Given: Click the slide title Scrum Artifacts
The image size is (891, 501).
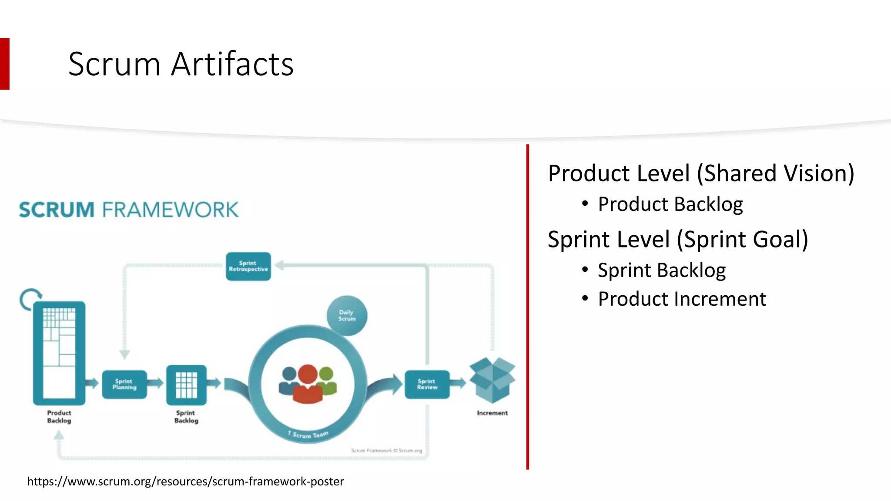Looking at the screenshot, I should point(181,64).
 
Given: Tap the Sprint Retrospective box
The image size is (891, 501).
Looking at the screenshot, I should point(248,266).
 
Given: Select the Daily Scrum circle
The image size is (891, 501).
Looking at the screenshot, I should point(347,315).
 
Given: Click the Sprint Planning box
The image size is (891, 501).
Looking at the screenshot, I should point(124,384).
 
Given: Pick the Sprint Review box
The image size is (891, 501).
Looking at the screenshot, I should point(427,384).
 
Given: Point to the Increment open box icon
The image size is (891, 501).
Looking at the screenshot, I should point(492,380).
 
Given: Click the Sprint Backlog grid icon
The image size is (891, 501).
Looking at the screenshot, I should point(186,385).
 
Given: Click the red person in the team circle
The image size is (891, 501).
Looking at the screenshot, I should point(308,385).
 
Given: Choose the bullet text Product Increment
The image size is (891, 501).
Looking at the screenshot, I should point(682,299).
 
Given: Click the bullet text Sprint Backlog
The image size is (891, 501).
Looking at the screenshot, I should point(661,271).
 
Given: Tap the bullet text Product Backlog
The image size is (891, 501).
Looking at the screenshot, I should point(670,204).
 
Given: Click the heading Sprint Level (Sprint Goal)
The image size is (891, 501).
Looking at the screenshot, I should point(677,240).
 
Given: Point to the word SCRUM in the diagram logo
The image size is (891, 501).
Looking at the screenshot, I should point(57,210).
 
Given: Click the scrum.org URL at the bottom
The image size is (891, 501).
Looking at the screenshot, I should point(185,481).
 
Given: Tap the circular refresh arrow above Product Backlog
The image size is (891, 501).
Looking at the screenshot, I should point(30,299).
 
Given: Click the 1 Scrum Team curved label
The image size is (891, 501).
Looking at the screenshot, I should point(308,434).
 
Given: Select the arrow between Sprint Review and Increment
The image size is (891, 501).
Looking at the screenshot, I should point(458,383).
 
